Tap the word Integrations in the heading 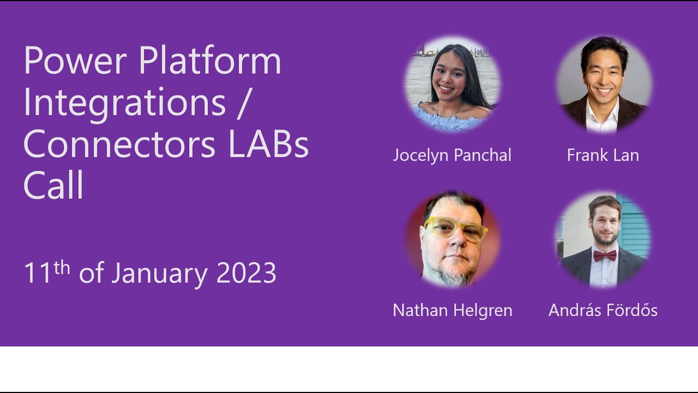(x=124, y=102)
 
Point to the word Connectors (x=119, y=144)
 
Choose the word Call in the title (x=53, y=186)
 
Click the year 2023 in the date (x=246, y=273)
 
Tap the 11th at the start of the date (x=47, y=272)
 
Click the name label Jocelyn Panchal (x=452, y=155)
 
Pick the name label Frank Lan (x=603, y=155)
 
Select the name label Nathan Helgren (x=452, y=310)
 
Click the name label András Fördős (x=603, y=310)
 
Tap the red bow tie (x=604, y=255)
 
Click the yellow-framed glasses (x=456, y=229)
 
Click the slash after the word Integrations (x=243, y=102)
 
